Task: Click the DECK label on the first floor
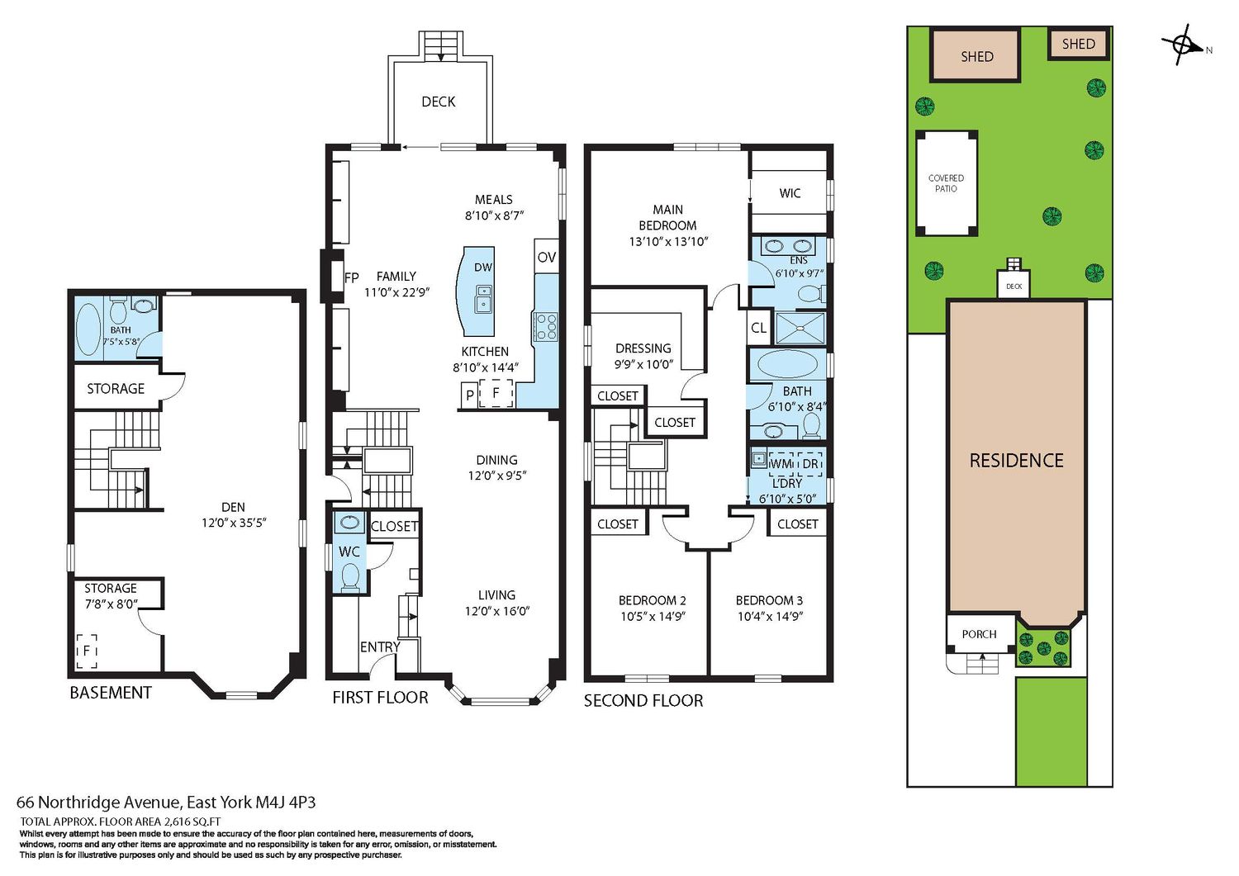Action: (438, 102)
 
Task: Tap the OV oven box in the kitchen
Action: (547, 257)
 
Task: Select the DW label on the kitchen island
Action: (483, 268)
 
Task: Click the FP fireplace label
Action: (352, 277)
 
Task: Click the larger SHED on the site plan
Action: (976, 56)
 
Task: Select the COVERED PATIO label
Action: (946, 183)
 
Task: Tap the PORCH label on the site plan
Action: (979, 634)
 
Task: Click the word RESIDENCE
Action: (1017, 461)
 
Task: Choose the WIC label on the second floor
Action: (790, 193)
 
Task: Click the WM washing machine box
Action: (781, 464)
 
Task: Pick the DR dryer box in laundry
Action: (809, 464)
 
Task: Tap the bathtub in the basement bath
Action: (88, 329)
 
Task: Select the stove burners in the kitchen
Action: (545, 326)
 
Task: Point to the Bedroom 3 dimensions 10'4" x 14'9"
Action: (769, 616)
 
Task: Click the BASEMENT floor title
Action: (111, 693)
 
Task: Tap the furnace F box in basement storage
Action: (87, 651)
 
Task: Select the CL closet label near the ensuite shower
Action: (758, 328)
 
